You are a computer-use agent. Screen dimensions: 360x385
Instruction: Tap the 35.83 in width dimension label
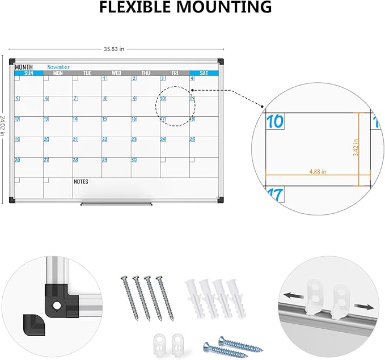pyautogui.click(x=118, y=49)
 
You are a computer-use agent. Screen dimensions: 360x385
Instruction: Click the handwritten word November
pyautogui.click(x=58, y=67)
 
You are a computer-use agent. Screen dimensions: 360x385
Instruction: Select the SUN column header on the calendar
pyautogui.click(x=28, y=73)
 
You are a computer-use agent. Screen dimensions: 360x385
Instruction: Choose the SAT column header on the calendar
pyautogui.click(x=204, y=73)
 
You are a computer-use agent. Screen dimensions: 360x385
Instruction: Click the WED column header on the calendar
pyautogui.click(x=116, y=73)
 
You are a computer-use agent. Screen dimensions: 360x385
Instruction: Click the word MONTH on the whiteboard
pyautogui.click(x=24, y=67)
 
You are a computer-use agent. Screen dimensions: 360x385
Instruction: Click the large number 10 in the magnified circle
pyautogui.click(x=275, y=121)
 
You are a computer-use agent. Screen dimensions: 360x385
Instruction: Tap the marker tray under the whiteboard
pyautogui.click(x=117, y=202)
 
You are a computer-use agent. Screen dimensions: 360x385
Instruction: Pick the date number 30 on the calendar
pyautogui.click(x=134, y=160)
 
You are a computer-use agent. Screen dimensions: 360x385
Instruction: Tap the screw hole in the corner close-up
pyautogui.click(x=57, y=305)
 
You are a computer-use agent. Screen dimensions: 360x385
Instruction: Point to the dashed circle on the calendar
pyautogui.click(x=175, y=105)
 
